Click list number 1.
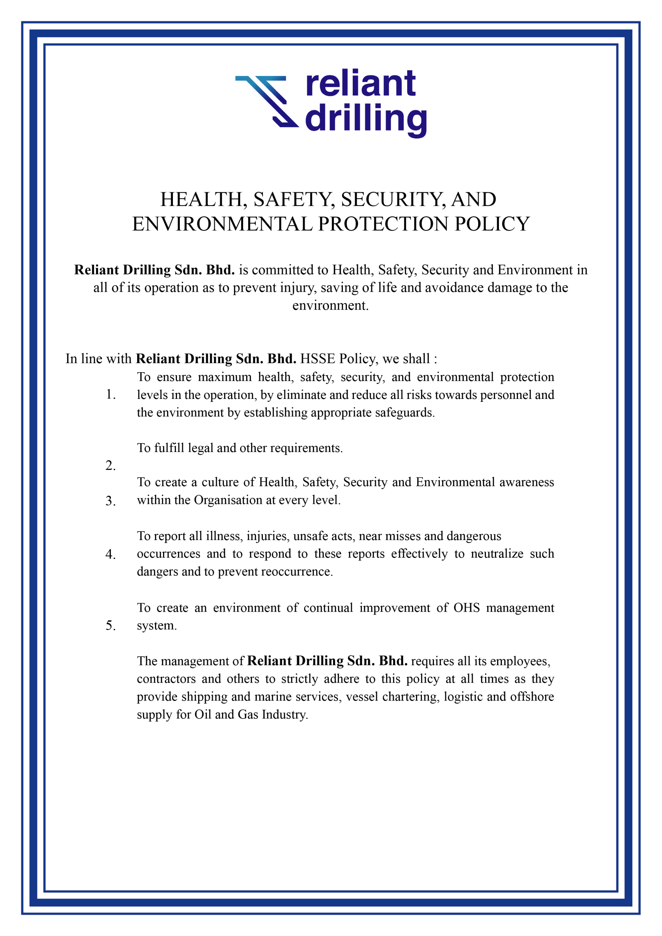(x=110, y=394)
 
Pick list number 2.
(x=110, y=465)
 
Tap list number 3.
(x=110, y=501)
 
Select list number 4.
(x=110, y=554)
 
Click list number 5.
(x=110, y=625)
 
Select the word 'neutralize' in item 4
(x=497, y=554)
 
